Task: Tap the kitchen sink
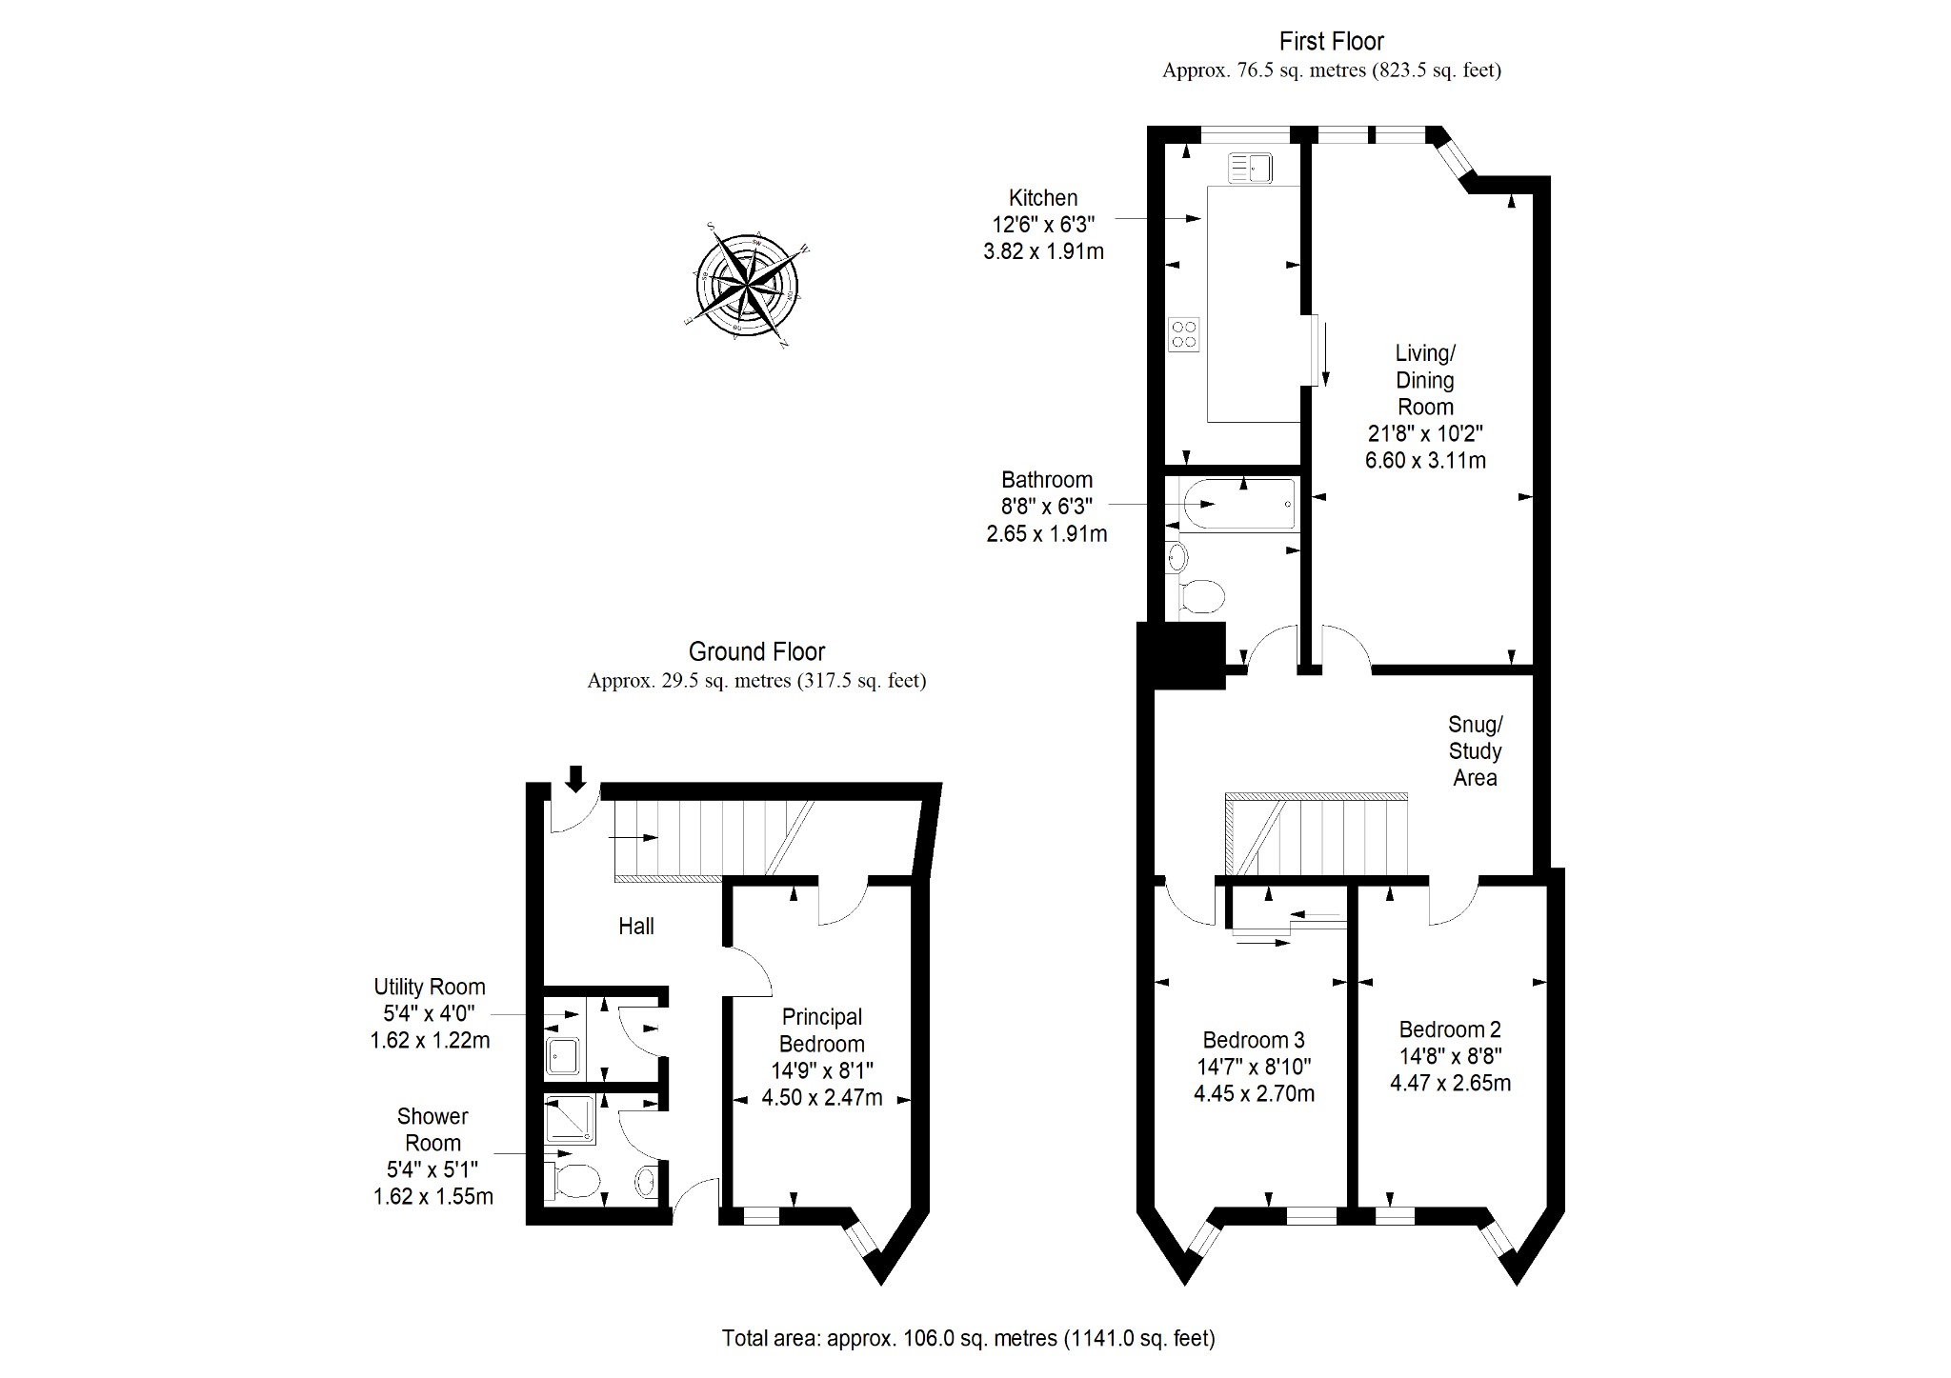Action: pyautogui.click(x=1250, y=169)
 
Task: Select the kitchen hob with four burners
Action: pyautogui.click(x=1184, y=334)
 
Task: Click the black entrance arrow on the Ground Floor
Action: pyautogui.click(x=575, y=778)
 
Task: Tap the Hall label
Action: pyautogui.click(x=635, y=926)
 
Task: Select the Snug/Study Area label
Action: pyautogui.click(x=1475, y=750)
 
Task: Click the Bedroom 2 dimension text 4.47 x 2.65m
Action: pyautogui.click(x=1450, y=1083)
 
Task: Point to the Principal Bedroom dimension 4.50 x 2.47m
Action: pyautogui.click(x=821, y=1098)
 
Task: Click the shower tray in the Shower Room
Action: pyautogui.click(x=571, y=1120)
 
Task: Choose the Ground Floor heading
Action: pyautogui.click(x=756, y=652)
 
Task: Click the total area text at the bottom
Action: pyautogui.click(x=969, y=1338)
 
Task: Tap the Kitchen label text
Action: pyautogui.click(x=1043, y=198)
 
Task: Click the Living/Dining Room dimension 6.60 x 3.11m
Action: pyautogui.click(x=1425, y=461)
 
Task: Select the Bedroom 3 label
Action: pyautogui.click(x=1254, y=1040)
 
